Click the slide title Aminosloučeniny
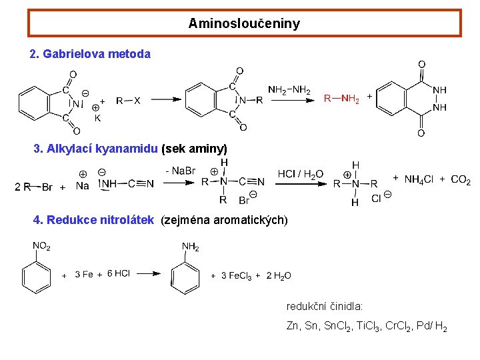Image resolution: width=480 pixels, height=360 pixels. point(244,23)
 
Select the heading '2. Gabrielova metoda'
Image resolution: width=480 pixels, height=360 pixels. point(91,54)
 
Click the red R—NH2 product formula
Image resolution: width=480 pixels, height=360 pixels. point(341,99)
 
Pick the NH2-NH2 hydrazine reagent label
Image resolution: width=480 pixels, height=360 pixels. point(289,90)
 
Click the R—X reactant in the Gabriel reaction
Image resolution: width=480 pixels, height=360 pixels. point(128,101)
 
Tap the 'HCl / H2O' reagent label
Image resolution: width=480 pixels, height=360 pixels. point(301,174)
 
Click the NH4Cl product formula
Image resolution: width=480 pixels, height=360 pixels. point(418,179)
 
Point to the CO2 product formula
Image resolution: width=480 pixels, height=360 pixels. point(461,179)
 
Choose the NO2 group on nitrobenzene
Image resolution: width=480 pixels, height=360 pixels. point(41,247)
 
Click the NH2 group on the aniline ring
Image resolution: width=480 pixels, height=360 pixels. point(191,247)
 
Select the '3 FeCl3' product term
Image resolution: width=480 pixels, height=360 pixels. point(236,275)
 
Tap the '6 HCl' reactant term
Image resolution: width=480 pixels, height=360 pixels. point(119,274)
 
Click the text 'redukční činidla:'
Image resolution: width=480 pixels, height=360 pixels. point(324,307)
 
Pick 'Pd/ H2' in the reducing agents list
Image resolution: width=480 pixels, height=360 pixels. point(433,327)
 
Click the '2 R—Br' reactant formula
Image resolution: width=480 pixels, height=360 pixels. point(33,187)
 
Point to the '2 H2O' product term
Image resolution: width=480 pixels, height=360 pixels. point(279,275)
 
